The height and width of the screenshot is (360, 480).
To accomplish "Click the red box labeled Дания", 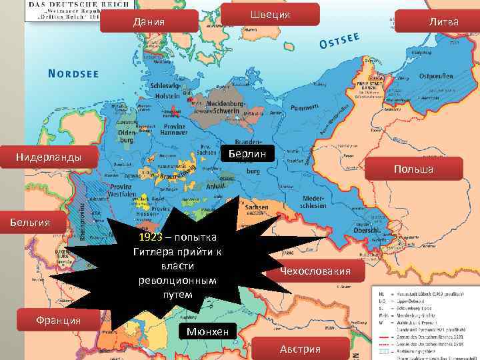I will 149,21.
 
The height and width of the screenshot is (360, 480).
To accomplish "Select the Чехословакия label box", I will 315,271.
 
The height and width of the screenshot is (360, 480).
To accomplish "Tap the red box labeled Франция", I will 59,320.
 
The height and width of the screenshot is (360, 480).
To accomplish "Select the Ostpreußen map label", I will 437,76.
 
